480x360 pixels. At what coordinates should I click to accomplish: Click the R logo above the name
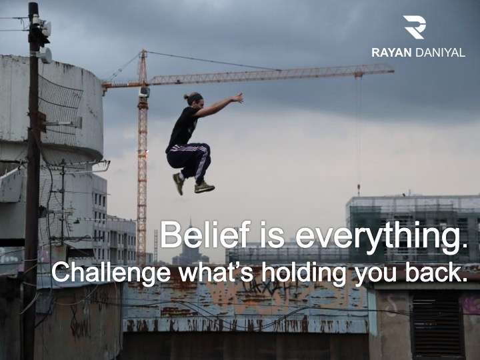(x=414, y=27)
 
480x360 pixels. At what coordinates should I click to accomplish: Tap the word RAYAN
(x=391, y=53)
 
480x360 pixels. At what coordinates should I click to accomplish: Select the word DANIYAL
(x=440, y=53)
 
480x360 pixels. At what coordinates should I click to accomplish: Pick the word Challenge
(x=111, y=273)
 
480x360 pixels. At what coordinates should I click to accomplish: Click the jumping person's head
(x=194, y=99)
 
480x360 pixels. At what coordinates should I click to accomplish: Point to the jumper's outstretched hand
(x=237, y=97)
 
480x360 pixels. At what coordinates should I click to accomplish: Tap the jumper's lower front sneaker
(x=204, y=187)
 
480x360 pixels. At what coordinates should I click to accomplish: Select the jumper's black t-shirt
(x=183, y=127)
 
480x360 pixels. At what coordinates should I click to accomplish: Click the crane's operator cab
(x=145, y=91)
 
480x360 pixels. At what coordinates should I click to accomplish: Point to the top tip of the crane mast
(x=143, y=51)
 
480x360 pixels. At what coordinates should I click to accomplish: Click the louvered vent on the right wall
(x=436, y=325)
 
